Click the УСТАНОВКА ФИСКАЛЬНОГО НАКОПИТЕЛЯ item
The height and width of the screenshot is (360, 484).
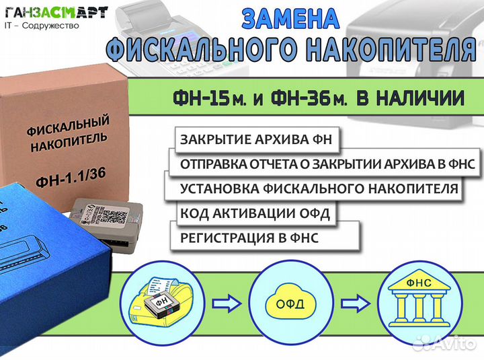click(319, 188)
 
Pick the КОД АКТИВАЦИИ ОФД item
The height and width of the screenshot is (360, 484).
click(257, 213)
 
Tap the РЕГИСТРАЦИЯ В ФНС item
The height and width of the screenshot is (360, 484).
click(249, 238)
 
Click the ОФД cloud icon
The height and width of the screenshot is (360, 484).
click(289, 302)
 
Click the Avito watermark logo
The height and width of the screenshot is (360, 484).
click(443, 343)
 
